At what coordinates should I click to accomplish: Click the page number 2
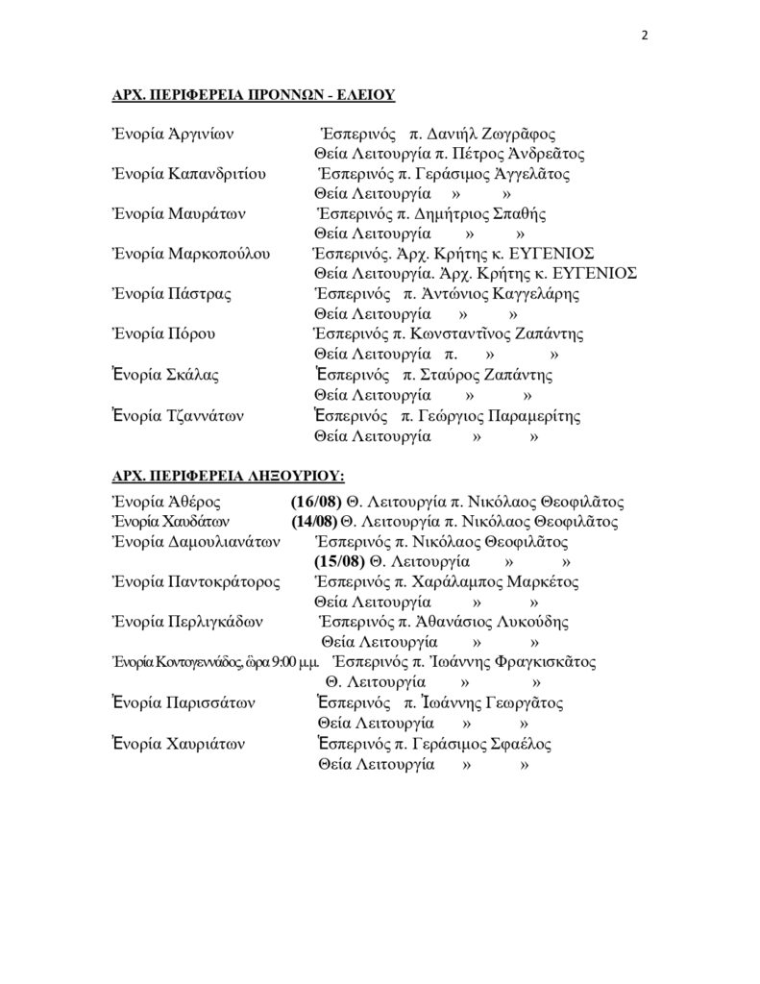[645, 36]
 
